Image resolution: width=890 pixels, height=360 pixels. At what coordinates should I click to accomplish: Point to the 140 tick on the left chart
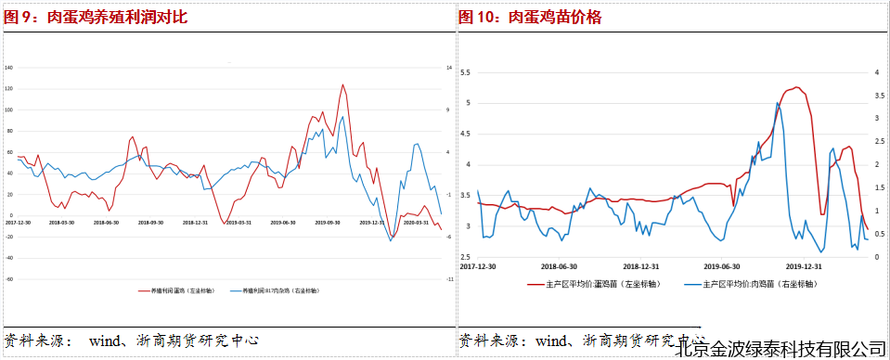point(8,68)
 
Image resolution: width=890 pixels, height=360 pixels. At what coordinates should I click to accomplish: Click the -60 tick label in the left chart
point(8,278)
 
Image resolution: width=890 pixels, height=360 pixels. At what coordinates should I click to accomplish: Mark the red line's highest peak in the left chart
point(342,84)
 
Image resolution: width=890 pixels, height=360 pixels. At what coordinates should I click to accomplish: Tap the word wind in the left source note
point(105,341)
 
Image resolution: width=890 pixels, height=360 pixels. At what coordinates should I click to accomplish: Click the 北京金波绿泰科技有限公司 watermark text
point(781,349)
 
